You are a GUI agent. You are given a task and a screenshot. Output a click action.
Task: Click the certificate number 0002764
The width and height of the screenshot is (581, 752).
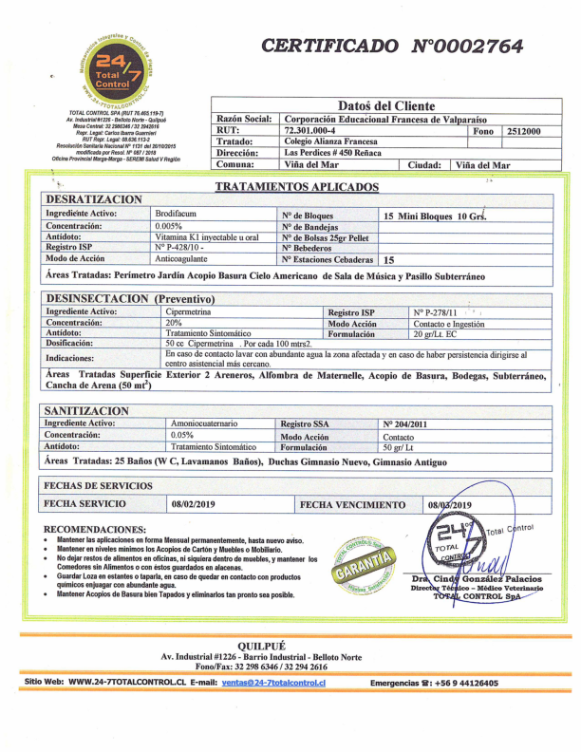tap(466, 46)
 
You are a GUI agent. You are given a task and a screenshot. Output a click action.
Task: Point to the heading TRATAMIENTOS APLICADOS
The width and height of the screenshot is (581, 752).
tap(296, 188)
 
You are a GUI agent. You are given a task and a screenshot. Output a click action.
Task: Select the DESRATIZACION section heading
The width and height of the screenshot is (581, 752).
tap(93, 200)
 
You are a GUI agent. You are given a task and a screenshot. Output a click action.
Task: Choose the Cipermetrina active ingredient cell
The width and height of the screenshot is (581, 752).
tap(195, 311)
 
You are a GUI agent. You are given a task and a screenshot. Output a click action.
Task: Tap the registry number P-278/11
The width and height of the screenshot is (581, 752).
tap(435, 311)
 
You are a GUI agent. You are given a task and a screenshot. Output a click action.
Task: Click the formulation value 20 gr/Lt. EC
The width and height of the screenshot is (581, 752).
tap(437, 333)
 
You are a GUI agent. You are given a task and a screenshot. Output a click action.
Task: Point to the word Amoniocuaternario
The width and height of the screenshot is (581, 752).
tap(204, 423)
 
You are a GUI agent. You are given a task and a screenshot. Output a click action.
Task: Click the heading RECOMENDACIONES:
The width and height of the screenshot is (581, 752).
tap(95, 528)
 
